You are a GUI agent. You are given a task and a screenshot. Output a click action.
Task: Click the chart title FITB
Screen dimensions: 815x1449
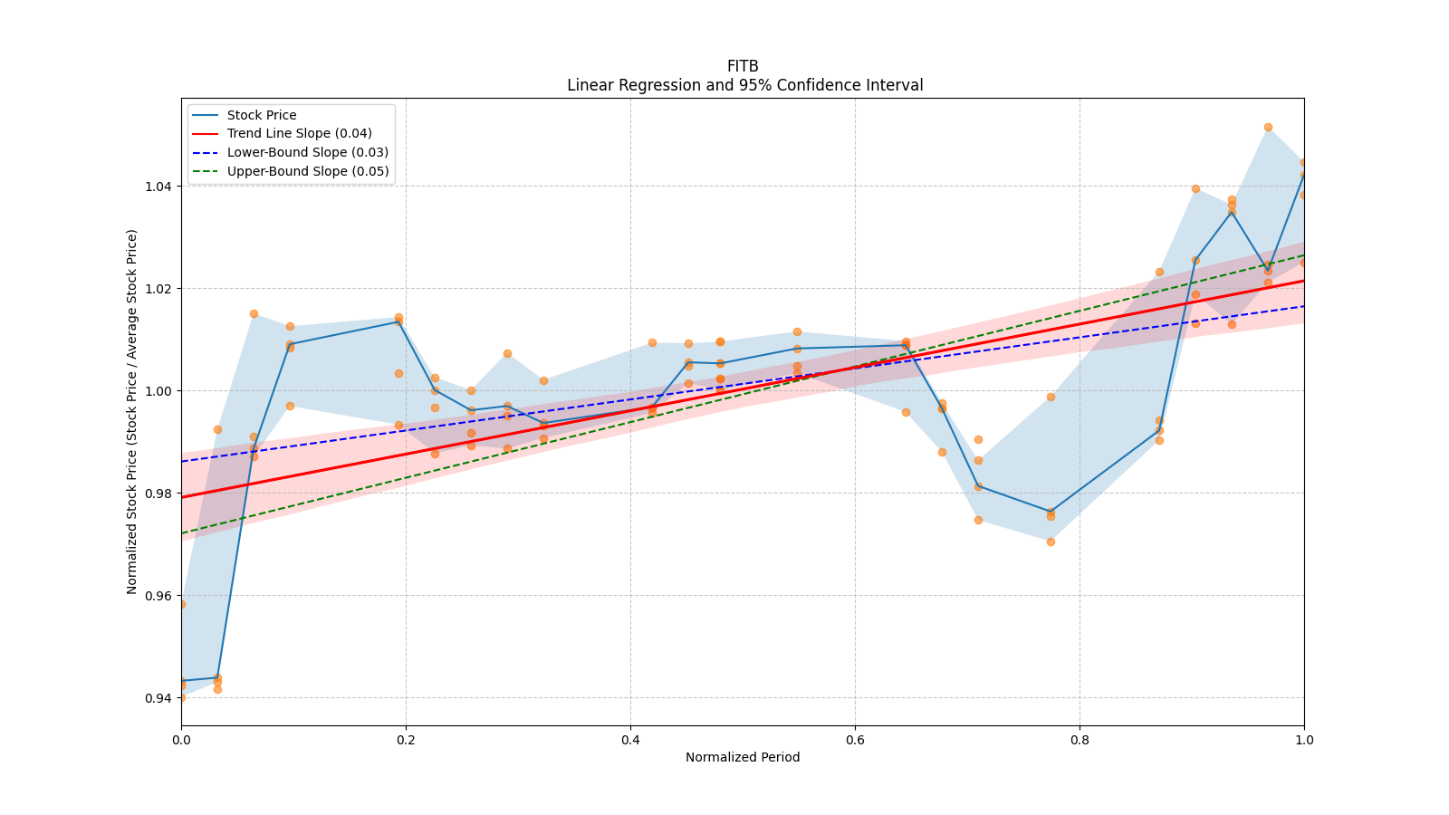click(x=743, y=66)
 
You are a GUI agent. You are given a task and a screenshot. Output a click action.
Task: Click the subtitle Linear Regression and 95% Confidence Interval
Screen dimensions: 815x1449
click(x=744, y=85)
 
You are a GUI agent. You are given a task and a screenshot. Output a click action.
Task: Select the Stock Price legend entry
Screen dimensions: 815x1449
click(x=262, y=115)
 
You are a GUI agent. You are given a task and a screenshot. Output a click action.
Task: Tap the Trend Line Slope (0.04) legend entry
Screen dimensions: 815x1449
click(x=299, y=133)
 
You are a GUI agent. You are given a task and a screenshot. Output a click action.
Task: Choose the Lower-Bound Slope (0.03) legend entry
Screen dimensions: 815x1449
click(x=307, y=152)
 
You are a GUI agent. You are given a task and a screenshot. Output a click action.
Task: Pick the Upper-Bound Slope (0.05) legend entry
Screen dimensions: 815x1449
click(x=308, y=171)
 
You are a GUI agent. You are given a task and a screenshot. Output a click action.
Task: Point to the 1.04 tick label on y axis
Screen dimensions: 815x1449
click(x=158, y=187)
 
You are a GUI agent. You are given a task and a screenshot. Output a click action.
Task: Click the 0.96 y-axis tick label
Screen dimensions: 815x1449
click(x=158, y=596)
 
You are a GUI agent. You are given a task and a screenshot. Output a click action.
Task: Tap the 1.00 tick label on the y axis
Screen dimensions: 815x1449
click(x=158, y=391)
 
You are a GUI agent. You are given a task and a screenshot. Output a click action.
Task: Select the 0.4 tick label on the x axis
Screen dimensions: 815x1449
click(x=630, y=740)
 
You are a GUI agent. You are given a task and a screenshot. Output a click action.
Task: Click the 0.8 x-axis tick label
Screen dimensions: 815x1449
click(x=1080, y=740)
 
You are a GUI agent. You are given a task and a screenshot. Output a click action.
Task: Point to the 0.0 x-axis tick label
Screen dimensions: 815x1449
click(x=181, y=740)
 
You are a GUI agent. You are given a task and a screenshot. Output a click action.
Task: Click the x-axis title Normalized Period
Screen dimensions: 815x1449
click(x=743, y=757)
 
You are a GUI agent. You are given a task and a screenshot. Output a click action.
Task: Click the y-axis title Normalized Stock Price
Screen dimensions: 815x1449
click(x=132, y=412)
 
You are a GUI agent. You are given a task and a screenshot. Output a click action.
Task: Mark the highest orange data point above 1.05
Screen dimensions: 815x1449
click(x=1268, y=127)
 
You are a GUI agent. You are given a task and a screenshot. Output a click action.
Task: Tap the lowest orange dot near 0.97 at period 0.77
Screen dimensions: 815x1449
click(x=1051, y=542)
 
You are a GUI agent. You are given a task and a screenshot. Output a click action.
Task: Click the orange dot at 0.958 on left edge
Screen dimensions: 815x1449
click(x=181, y=604)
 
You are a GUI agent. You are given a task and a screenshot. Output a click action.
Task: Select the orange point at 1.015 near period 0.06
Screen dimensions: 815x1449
click(x=254, y=313)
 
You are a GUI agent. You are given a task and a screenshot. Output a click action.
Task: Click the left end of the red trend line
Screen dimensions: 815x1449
click(x=182, y=497)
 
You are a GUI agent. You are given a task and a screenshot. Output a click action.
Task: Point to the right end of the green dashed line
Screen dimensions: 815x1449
click(x=1303, y=255)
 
